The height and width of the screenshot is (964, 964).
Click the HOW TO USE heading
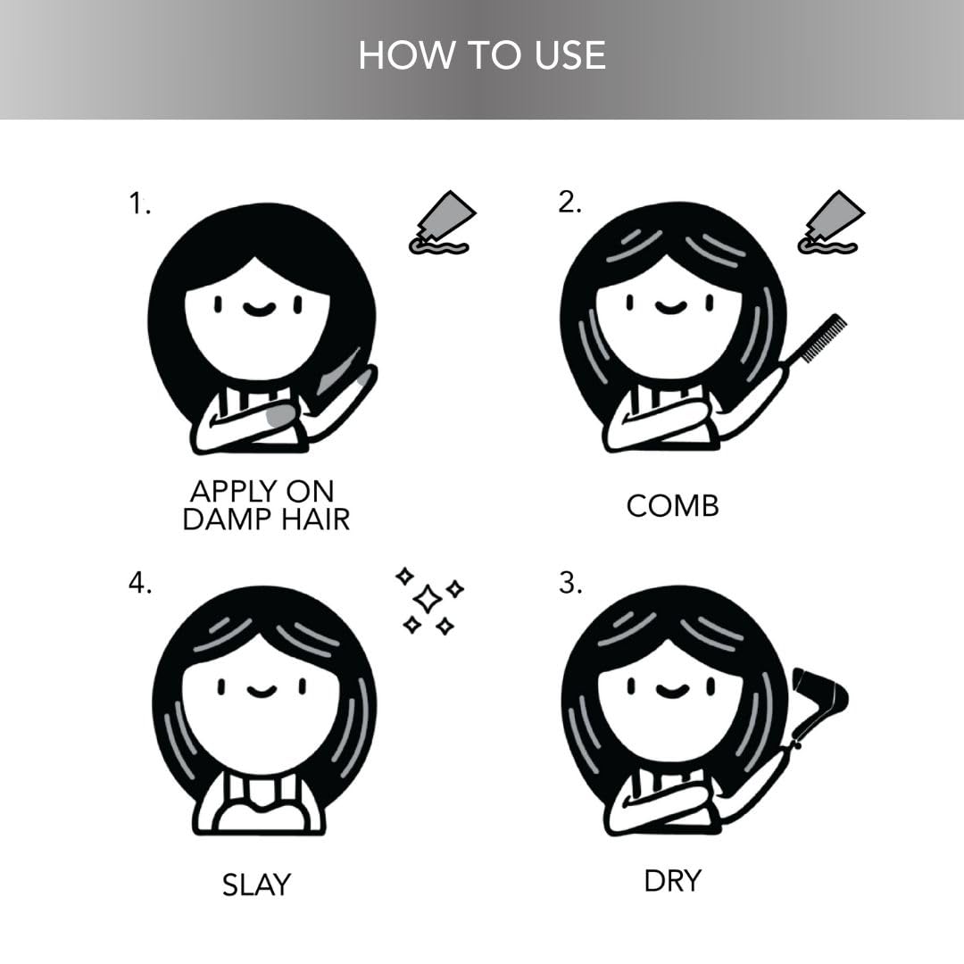click(482, 54)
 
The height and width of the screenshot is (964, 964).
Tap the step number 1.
click(139, 203)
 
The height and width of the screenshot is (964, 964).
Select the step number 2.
click(569, 202)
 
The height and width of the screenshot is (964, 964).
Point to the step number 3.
click(569, 582)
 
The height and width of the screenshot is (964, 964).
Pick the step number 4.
click(140, 582)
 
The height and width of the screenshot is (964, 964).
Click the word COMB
click(673, 507)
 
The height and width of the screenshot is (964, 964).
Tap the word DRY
click(673, 881)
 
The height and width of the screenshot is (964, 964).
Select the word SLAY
click(256, 885)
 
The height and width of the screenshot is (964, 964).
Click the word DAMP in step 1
click(226, 519)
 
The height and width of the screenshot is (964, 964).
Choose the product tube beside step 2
click(831, 222)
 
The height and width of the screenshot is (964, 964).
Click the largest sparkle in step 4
click(428, 598)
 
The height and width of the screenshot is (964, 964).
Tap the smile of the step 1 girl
click(258, 309)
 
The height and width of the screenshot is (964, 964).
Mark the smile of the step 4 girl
click(262, 691)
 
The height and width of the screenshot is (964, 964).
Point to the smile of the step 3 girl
click(671, 691)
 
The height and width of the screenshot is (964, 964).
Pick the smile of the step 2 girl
click(670, 307)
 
